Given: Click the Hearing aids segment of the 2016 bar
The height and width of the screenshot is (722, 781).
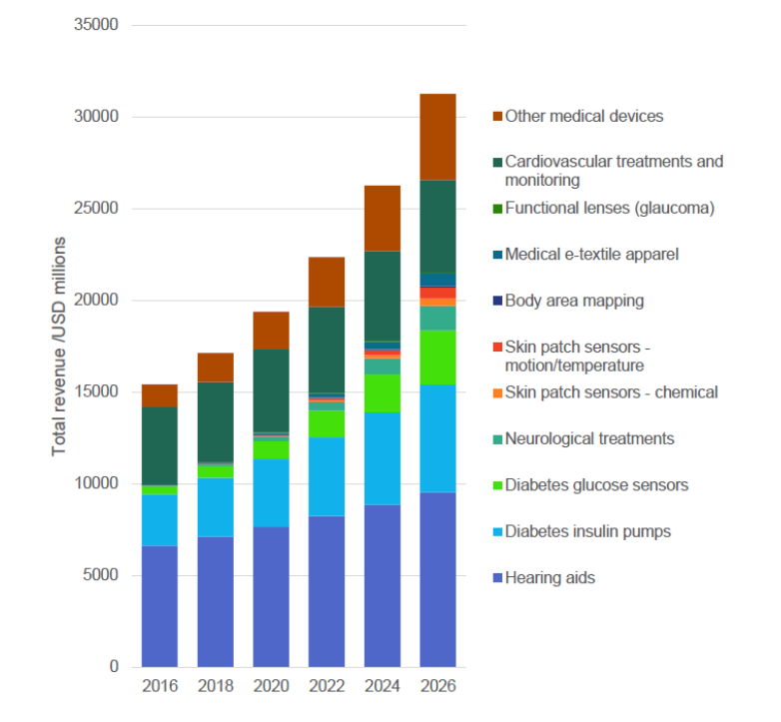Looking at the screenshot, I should pyautogui.click(x=160, y=606).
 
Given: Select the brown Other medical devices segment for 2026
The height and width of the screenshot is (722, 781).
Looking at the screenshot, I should pyautogui.click(x=437, y=137).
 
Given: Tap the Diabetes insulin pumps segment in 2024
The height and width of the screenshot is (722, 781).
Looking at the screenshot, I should pyautogui.click(x=383, y=458).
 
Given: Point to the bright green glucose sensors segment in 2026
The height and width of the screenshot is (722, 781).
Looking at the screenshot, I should pyautogui.click(x=437, y=358).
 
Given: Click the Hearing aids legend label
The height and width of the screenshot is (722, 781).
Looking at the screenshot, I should pyautogui.click(x=549, y=577).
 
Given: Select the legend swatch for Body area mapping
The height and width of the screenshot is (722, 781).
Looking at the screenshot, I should pyautogui.click(x=497, y=301).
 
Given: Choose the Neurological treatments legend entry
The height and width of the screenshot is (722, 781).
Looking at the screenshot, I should pyautogui.click(x=589, y=438).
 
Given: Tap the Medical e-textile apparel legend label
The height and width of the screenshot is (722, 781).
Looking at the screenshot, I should pyautogui.click(x=591, y=254).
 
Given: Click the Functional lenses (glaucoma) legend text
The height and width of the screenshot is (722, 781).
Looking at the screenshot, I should pyautogui.click(x=609, y=208).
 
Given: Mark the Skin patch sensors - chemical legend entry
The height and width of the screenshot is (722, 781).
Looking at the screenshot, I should pyautogui.click(x=611, y=391).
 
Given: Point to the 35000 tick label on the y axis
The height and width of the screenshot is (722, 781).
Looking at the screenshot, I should pyautogui.click(x=97, y=25).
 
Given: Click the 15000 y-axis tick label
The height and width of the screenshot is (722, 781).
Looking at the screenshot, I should pyautogui.click(x=97, y=391).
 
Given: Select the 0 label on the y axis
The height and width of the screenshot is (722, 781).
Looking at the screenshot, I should pyautogui.click(x=114, y=666).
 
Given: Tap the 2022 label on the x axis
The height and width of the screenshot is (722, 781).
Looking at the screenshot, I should pyautogui.click(x=327, y=687).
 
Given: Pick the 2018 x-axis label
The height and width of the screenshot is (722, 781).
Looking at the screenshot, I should pyautogui.click(x=216, y=687).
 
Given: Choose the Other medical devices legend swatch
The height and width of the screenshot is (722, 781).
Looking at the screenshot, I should pyautogui.click(x=497, y=117).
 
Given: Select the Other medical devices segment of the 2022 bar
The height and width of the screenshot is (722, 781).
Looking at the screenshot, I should pyautogui.click(x=327, y=282).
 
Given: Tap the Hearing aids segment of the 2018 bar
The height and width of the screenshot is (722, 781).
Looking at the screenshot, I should pyautogui.click(x=216, y=601).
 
